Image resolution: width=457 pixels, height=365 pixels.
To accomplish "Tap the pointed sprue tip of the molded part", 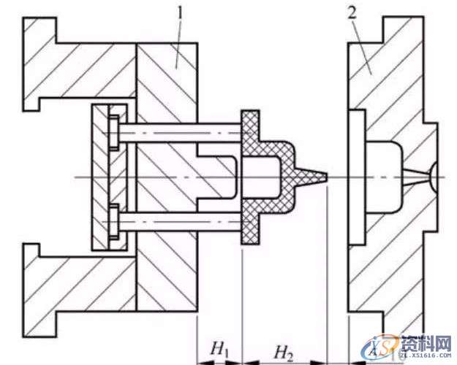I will pos(319,176).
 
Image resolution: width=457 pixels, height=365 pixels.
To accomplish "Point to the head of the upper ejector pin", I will pos(114,132).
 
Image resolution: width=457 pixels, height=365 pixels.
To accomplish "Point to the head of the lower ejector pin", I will pos(114,219).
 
